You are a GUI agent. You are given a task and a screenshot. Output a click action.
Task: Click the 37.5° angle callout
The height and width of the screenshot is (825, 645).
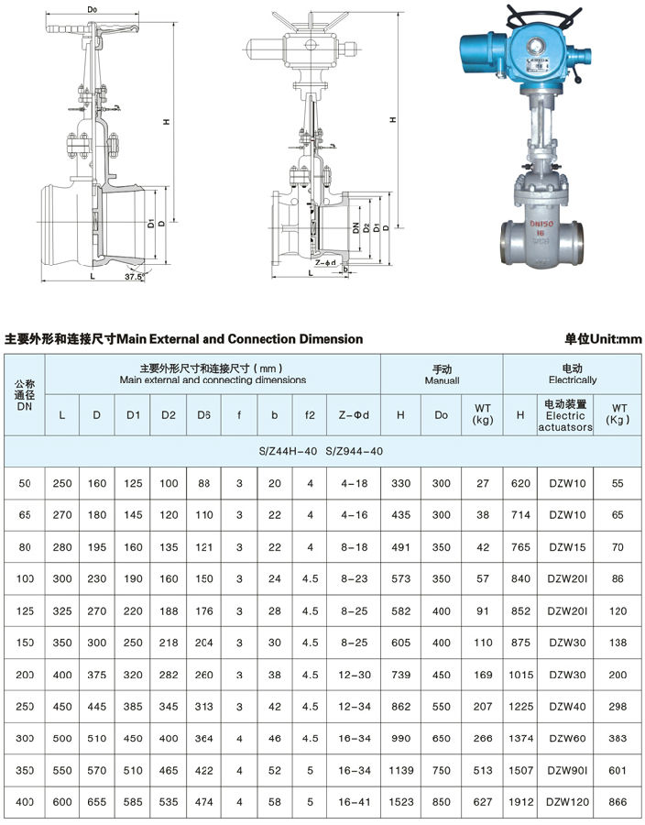[134, 276]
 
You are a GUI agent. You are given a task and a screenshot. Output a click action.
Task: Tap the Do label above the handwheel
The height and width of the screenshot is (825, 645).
[93, 9]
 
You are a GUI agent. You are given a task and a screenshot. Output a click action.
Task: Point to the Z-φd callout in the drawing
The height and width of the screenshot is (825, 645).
[325, 262]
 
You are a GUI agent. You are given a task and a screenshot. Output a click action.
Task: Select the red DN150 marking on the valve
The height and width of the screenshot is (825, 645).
[541, 225]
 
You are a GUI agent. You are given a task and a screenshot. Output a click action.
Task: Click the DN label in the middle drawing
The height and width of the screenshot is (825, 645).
[355, 227]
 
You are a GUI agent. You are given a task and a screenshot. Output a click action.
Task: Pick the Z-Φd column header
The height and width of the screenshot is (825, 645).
[354, 415]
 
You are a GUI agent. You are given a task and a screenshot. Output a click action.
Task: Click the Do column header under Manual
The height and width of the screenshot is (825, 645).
[441, 415]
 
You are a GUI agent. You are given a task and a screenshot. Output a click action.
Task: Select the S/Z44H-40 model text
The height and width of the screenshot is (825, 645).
[288, 451]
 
